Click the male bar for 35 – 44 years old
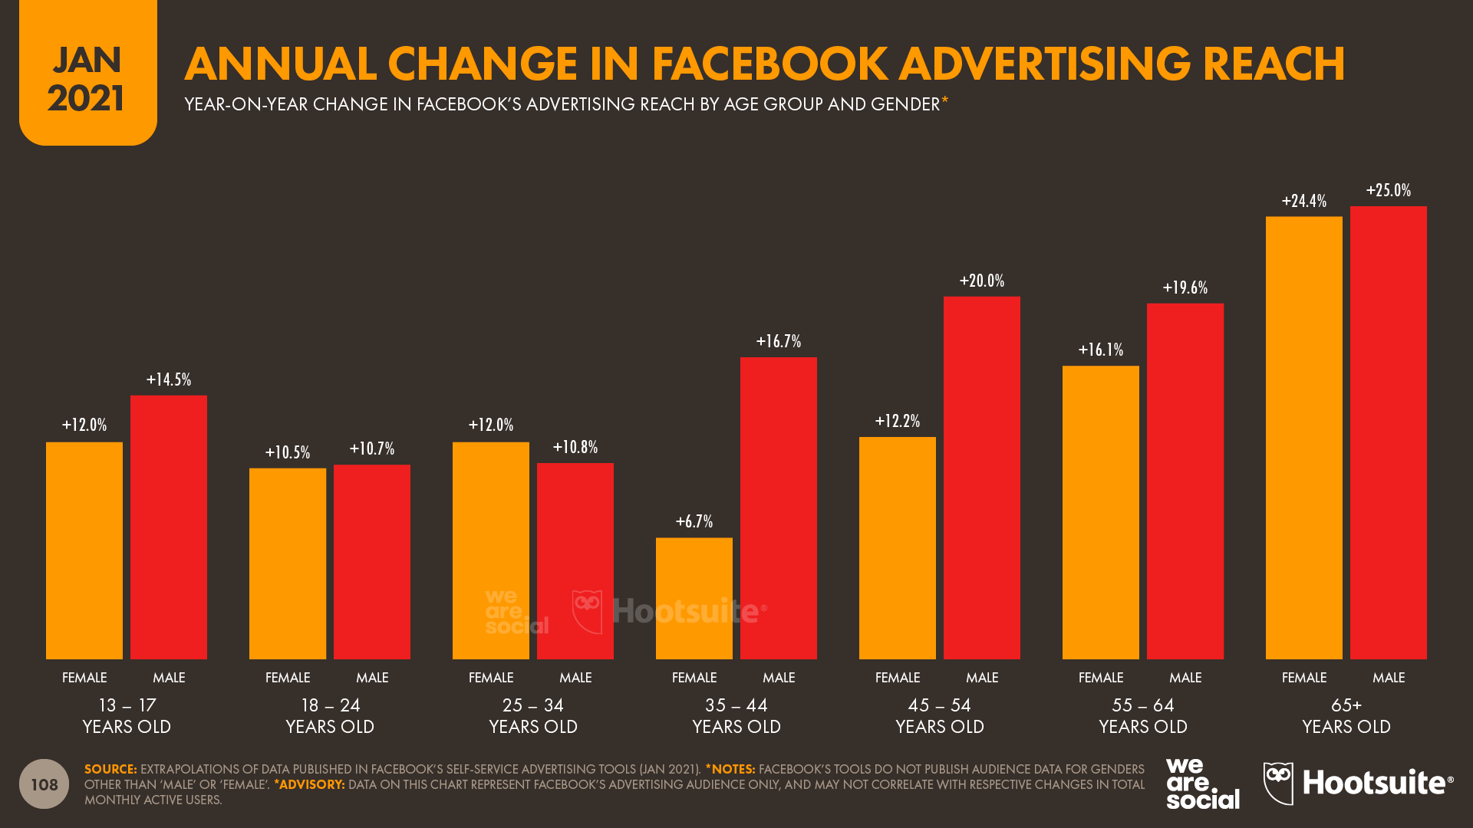point(778,508)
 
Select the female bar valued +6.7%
point(694,598)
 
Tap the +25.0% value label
point(1388,190)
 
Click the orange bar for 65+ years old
point(1303,437)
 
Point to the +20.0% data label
point(981,281)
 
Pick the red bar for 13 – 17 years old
point(168,527)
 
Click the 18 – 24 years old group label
point(330,715)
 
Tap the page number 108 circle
point(44,784)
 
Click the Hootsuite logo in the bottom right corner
point(1358,783)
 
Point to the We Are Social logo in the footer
point(1201,784)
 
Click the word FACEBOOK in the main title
point(770,64)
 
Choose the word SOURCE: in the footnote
point(110,769)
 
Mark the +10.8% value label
point(575,447)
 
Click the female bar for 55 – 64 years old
point(1100,512)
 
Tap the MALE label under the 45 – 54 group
point(981,678)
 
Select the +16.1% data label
point(1100,350)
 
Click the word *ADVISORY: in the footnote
point(309,784)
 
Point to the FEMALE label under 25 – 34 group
point(490,678)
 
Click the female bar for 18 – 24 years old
point(287,563)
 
